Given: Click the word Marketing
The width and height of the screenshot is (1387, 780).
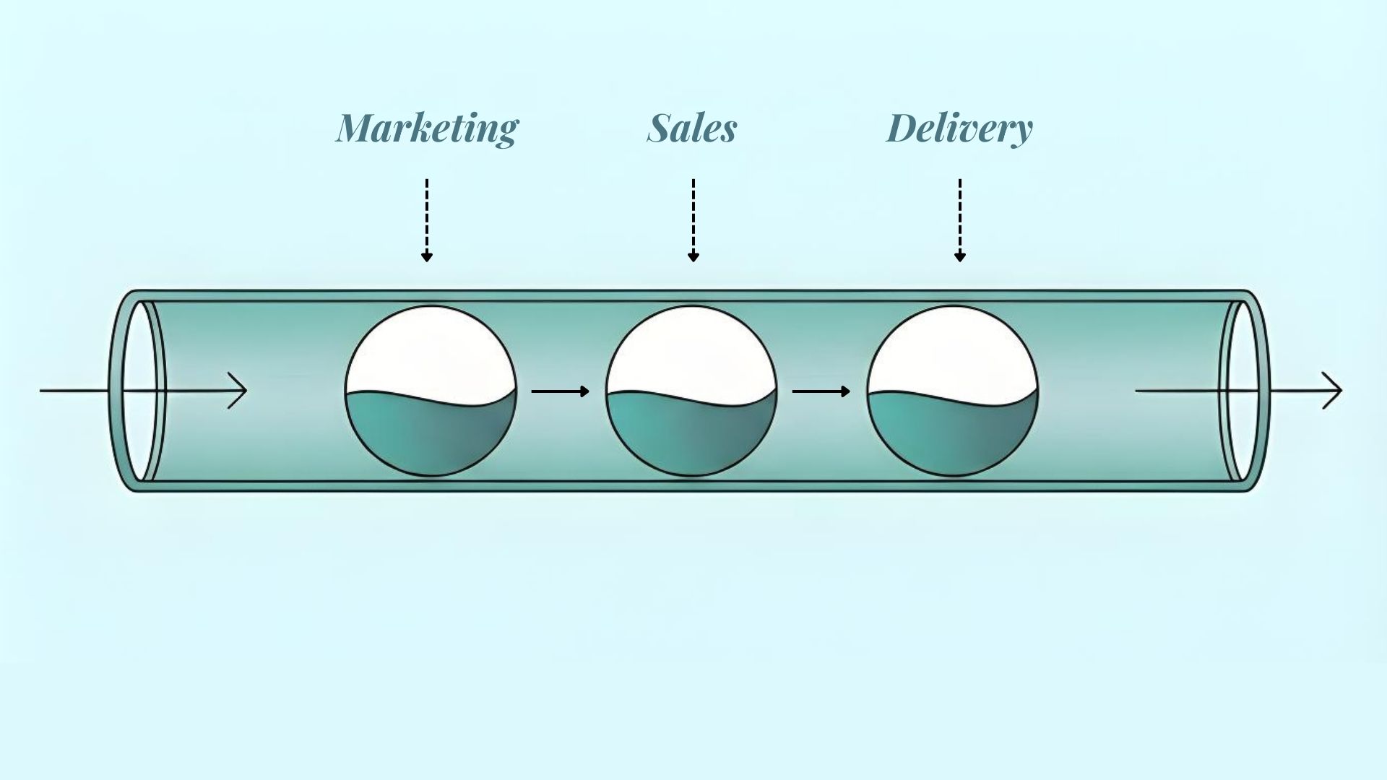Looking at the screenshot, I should point(427,129).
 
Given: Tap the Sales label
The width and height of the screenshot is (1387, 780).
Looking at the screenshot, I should point(692,129).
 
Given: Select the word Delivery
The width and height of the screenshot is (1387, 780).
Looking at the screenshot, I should point(959,129).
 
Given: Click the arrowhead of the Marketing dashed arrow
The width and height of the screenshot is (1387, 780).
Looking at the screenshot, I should point(427,256).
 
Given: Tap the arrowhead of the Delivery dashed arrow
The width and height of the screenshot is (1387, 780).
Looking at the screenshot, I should point(960,256).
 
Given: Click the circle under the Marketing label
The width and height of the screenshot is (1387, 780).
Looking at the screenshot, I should point(431,391).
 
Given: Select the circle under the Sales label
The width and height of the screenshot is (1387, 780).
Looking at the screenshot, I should point(691,391).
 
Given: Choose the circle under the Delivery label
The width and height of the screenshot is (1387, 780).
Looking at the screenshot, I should point(952,391).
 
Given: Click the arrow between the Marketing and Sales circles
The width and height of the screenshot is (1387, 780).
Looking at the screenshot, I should point(561,391).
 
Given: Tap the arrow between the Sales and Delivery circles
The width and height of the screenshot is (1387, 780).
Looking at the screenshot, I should point(821,391).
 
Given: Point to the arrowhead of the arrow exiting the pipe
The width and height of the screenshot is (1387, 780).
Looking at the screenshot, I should point(1336,391).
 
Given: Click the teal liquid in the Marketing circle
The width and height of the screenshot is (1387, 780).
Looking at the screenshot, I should point(431,437).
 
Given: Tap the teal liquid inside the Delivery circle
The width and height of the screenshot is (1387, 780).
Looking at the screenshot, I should point(952,437).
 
